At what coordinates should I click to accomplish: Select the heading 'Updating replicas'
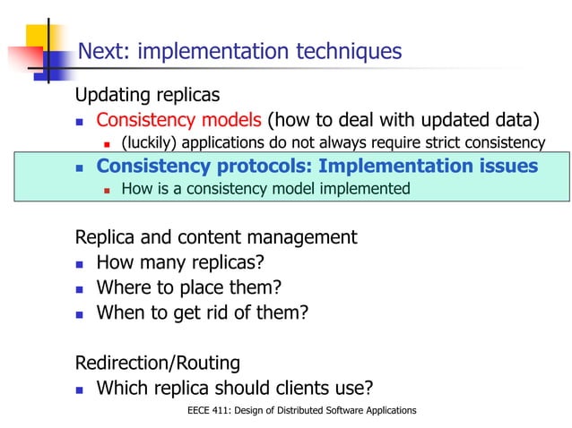pyautogui.click(x=147, y=95)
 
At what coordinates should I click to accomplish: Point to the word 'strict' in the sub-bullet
pyautogui.click(x=433, y=142)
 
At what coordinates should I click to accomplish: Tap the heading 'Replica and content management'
pyautogui.click(x=216, y=237)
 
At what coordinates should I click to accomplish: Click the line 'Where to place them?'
pyautogui.click(x=188, y=287)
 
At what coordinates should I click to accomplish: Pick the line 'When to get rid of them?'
pyautogui.click(x=202, y=312)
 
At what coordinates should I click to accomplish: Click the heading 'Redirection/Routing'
pyautogui.click(x=158, y=363)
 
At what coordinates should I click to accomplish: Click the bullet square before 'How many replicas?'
pyautogui.click(x=79, y=264)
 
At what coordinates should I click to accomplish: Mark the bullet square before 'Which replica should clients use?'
pyautogui.click(x=79, y=389)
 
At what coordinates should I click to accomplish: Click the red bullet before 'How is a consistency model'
pyautogui.click(x=106, y=190)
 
